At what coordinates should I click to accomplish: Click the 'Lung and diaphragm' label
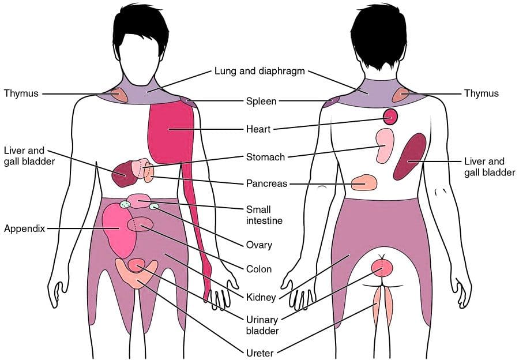click(x=259, y=71)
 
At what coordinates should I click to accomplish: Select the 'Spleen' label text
click(x=261, y=101)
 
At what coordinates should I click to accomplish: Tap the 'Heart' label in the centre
click(x=258, y=129)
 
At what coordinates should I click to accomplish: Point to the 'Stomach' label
click(x=265, y=157)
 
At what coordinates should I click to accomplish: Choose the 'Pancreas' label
click(x=266, y=183)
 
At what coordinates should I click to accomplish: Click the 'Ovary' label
click(x=259, y=245)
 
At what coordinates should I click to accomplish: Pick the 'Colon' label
click(x=259, y=269)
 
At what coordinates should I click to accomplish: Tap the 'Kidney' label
click(x=261, y=298)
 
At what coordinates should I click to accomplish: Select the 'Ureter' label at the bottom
click(x=260, y=353)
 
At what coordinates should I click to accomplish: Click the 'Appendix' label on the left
click(x=24, y=228)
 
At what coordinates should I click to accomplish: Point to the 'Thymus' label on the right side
click(x=481, y=93)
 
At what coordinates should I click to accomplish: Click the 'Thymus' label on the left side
click(x=21, y=93)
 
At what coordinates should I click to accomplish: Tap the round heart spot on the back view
click(x=390, y=117)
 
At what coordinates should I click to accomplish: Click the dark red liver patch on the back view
click(x=410, y=156)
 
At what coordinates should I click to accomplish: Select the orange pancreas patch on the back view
click(x=364, y=182)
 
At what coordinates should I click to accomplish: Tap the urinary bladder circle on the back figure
click(x=382, y=268)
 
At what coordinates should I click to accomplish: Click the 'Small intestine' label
click(x=264, y=215)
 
